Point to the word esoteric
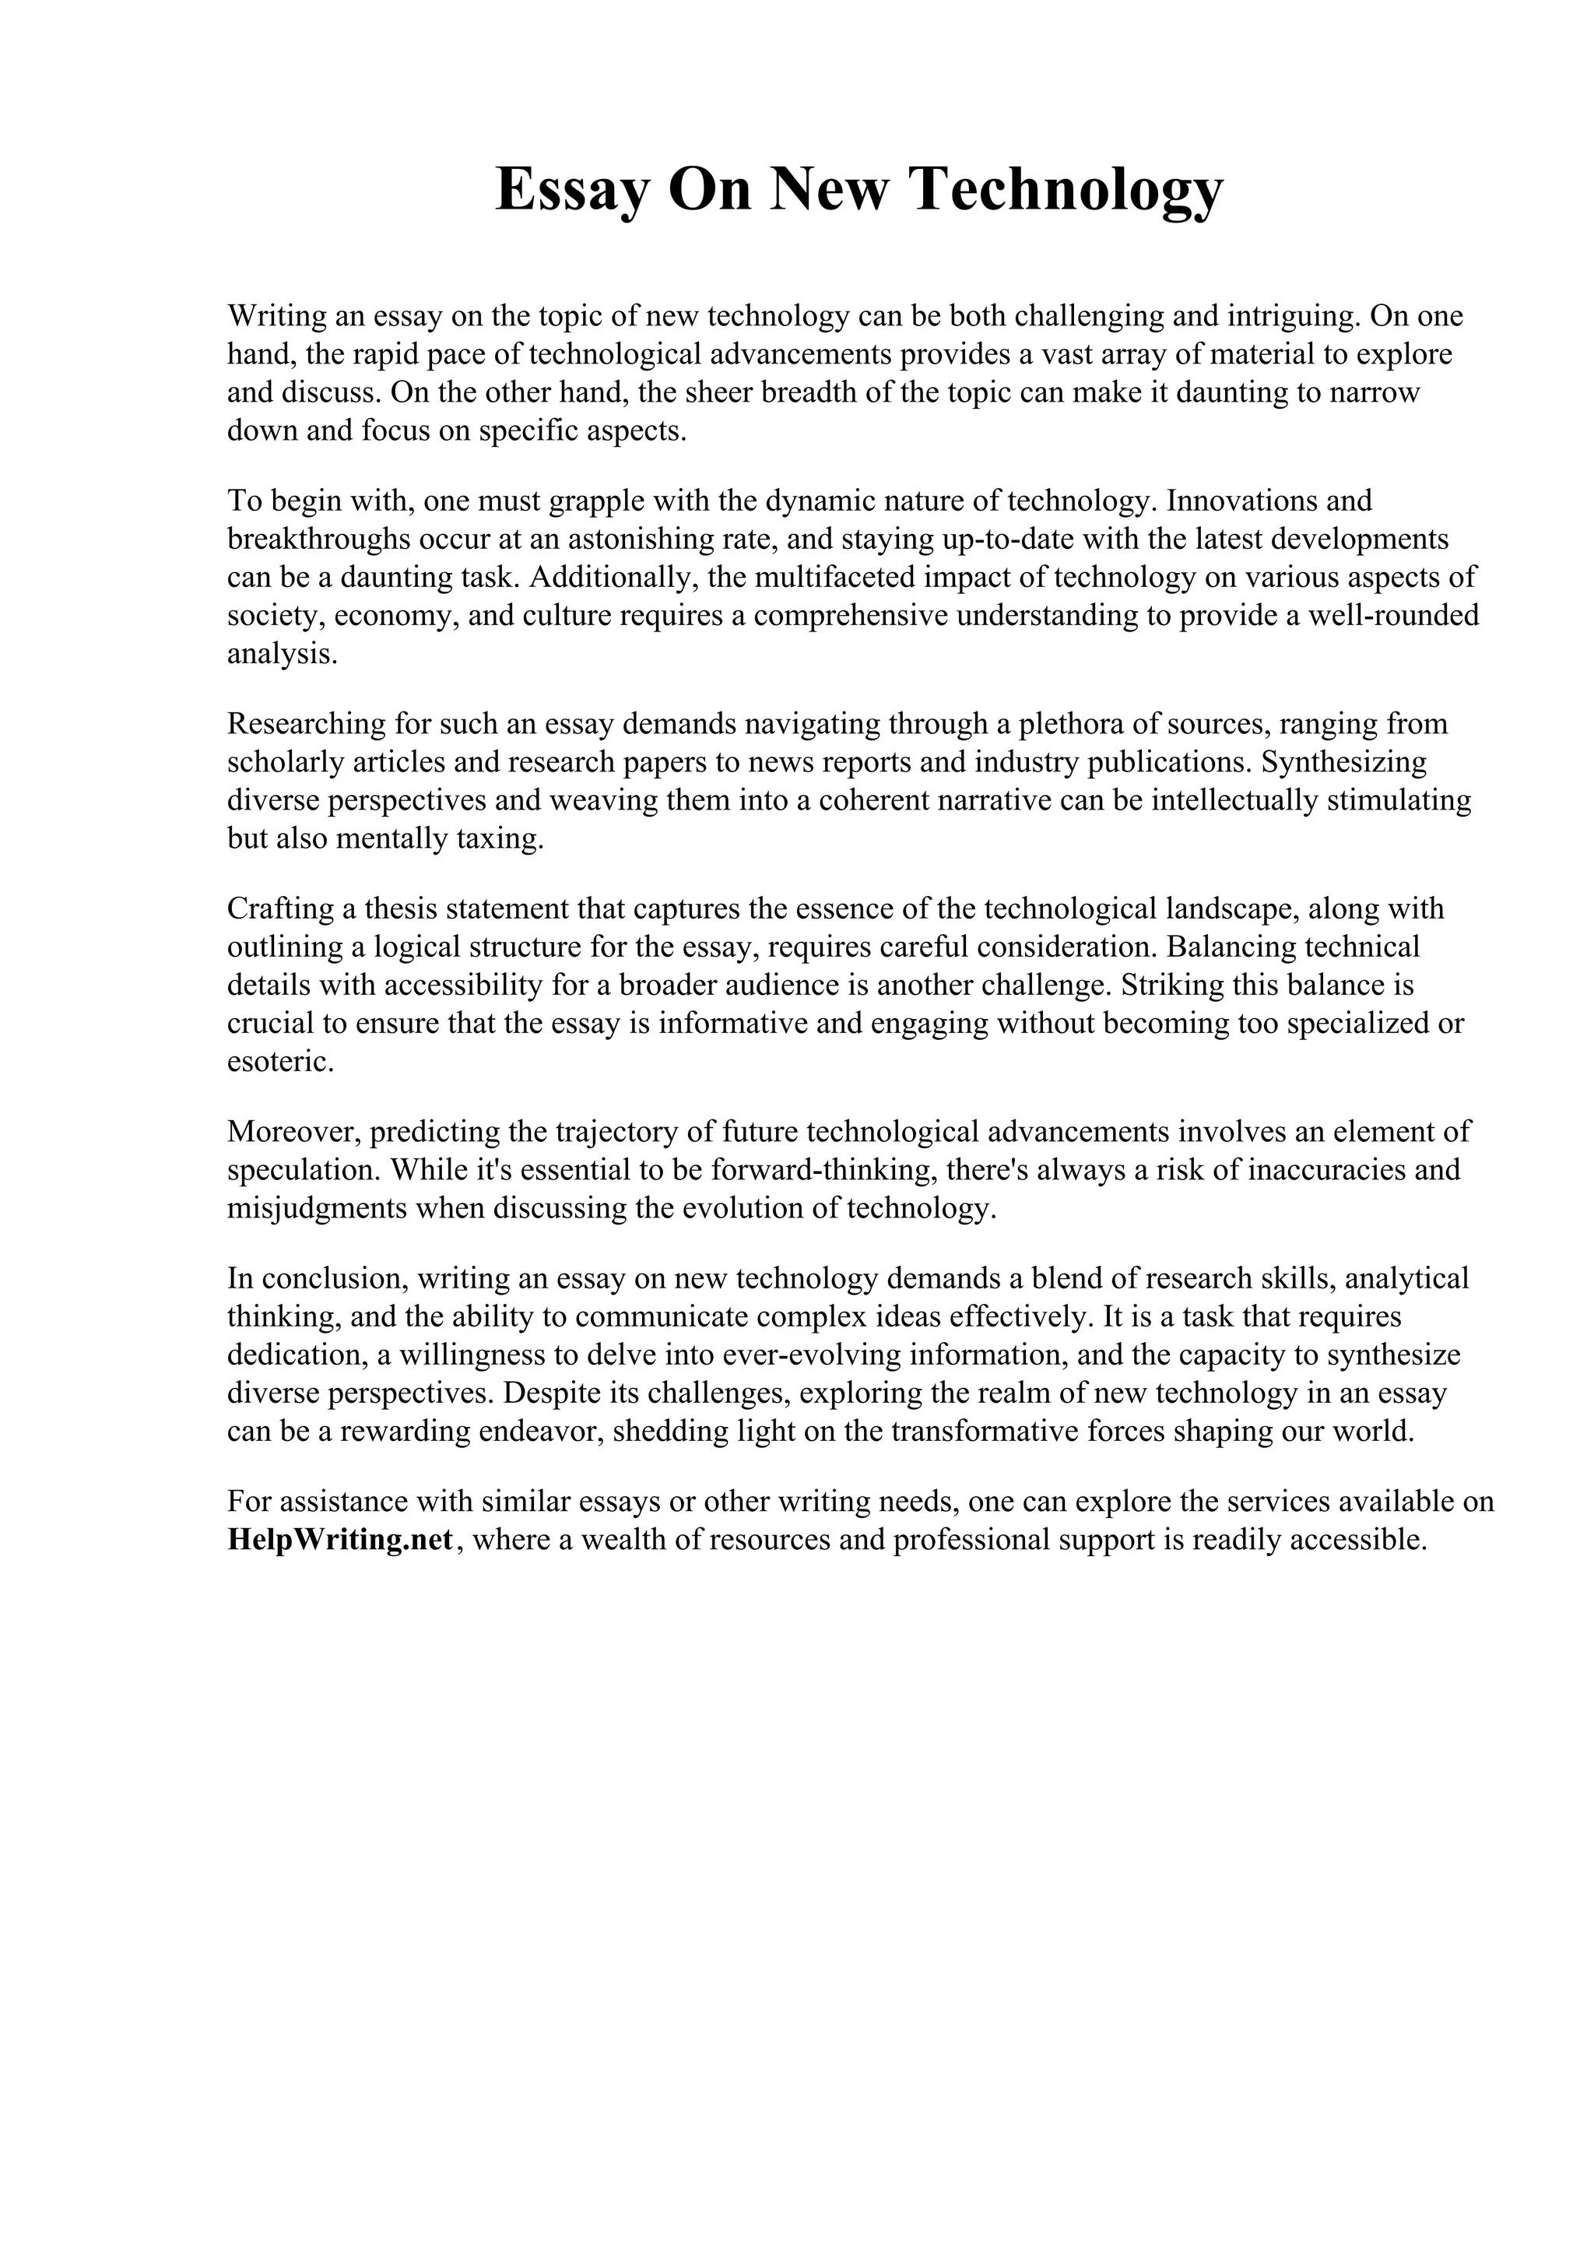pyautogui.click(x=280, y=1061)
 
